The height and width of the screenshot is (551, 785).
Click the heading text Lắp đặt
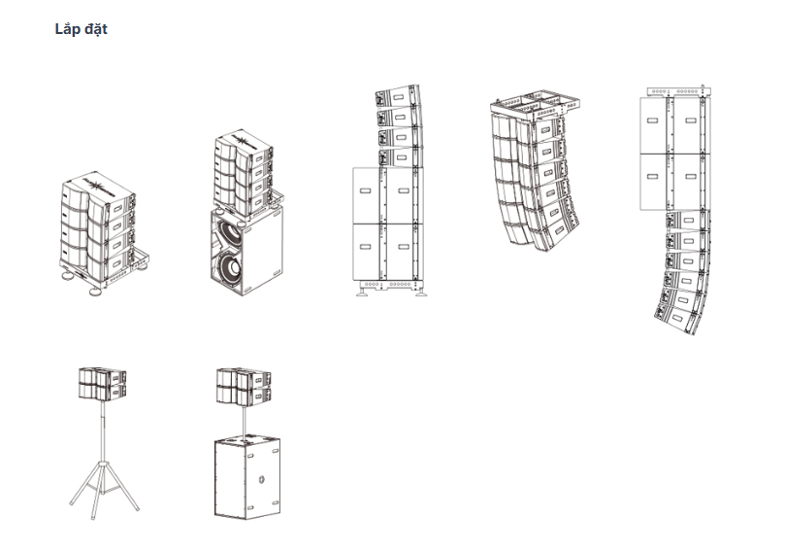82,29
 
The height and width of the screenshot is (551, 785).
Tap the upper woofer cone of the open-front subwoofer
229,232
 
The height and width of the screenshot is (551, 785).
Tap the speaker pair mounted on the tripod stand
102,384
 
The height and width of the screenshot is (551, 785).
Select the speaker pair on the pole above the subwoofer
244,387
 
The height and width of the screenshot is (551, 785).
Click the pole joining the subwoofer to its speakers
245,421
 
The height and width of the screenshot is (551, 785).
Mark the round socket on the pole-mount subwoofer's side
261,480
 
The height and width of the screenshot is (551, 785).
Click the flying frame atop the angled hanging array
536,105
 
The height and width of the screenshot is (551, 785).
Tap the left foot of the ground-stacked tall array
362,292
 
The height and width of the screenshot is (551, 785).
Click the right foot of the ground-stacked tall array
421,292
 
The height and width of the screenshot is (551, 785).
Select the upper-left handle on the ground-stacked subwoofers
366,191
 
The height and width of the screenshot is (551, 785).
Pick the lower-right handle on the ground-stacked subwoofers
404,247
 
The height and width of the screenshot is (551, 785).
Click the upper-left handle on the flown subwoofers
652,121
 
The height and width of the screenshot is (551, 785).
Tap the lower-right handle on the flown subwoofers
690,177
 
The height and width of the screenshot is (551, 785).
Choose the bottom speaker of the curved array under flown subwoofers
675,318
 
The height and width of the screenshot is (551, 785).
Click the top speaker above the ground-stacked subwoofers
398,97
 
